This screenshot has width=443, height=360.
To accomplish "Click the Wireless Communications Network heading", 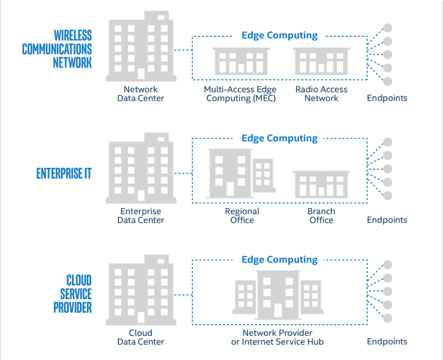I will click(57, 49).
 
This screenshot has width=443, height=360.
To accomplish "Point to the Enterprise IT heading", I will click(64, 173).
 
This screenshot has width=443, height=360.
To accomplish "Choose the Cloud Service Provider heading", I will click(72, 294).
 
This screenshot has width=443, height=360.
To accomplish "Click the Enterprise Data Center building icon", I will click(140, 168).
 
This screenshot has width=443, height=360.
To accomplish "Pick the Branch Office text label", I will click(321, 216).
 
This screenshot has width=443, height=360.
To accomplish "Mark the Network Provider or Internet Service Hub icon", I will click(277, 295).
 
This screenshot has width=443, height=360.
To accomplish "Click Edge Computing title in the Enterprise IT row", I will click(279, 138).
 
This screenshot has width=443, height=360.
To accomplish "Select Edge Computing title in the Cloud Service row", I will click(279, 260).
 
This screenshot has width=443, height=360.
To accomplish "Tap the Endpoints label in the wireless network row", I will click(387, 98).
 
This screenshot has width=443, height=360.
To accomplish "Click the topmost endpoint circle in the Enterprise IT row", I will click(388, 142).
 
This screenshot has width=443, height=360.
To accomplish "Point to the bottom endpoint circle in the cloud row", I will click(388, 318).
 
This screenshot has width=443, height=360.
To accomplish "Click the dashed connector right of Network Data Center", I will click(183, 50).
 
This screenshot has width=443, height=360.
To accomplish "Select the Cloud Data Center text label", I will click(140, 338).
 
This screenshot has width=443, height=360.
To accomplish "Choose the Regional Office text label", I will click(242, 216).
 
